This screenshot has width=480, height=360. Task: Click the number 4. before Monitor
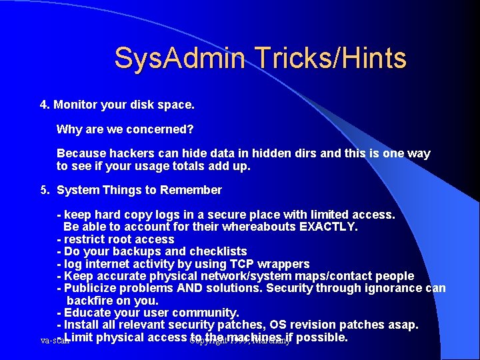pyautogui.click(x=45, y=105)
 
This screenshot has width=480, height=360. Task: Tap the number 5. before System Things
pyautogui.click(x=45, y=190)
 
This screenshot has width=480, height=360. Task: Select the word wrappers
pyautogui.click(x=285, y=264)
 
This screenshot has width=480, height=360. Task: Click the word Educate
pyautogui.click(x=86, y=313)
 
